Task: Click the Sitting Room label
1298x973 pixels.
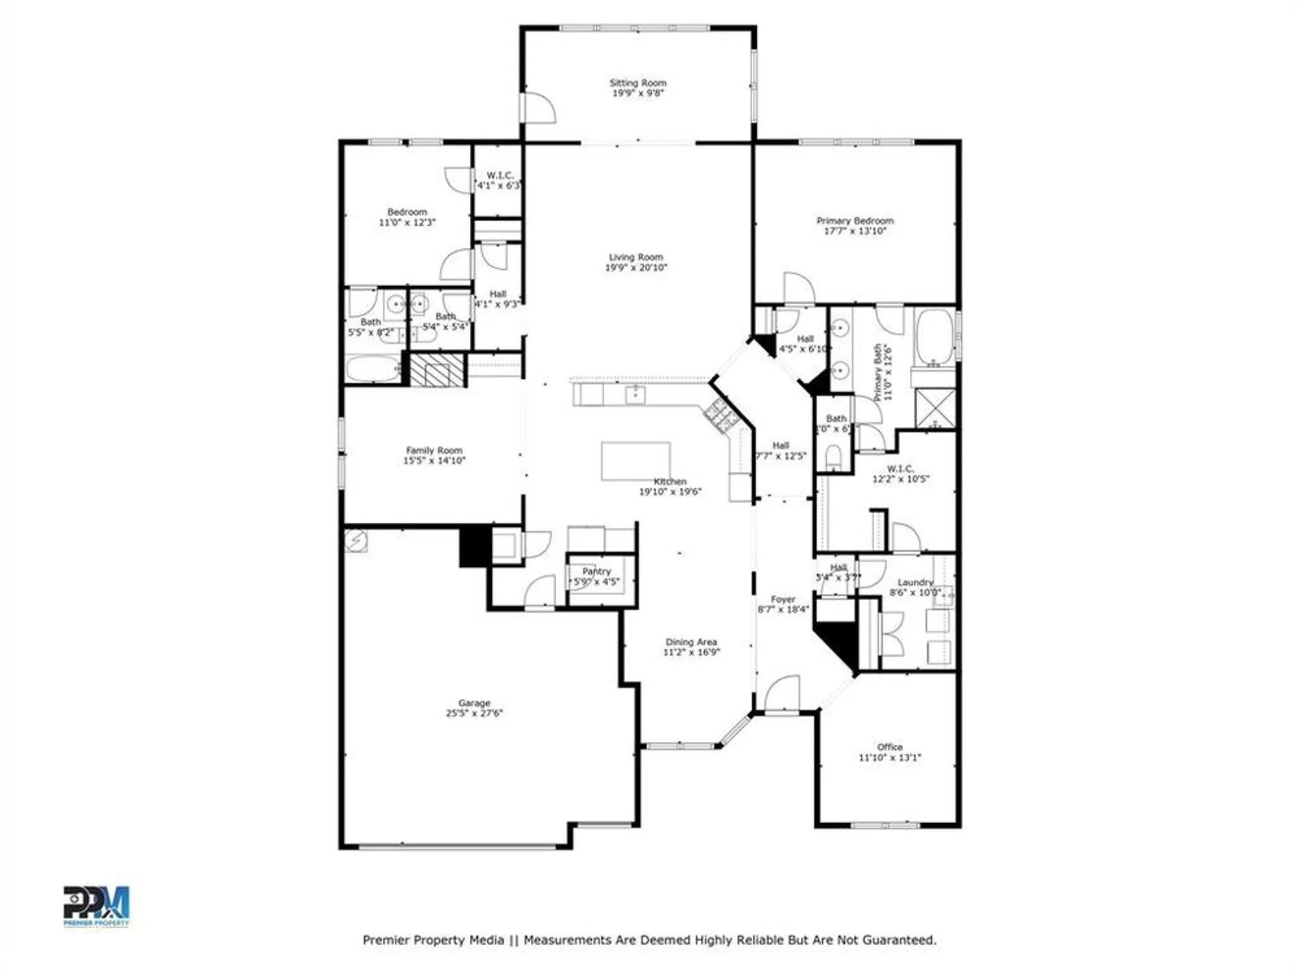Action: point(637,83)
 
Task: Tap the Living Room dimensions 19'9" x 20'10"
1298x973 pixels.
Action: point(636,267)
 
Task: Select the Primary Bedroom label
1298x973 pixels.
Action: point(855,221)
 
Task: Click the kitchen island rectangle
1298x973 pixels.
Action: point(635,461)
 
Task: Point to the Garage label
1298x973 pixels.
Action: point(474,703)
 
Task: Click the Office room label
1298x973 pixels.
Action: point(890,747)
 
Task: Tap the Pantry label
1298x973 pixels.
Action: point(596,571)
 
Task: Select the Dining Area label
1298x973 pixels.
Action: point(691,642)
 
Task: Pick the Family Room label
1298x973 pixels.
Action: point(434,450)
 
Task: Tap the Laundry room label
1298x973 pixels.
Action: point(915,583)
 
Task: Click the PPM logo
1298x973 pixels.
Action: point(96,906)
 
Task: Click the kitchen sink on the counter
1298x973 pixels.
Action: point(635,394)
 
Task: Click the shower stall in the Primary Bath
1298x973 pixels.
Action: point(935,409)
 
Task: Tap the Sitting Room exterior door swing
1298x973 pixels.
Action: point(539,108)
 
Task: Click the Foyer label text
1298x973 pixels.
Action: point(783,599)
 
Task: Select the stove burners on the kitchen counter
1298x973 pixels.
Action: point(720,415)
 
